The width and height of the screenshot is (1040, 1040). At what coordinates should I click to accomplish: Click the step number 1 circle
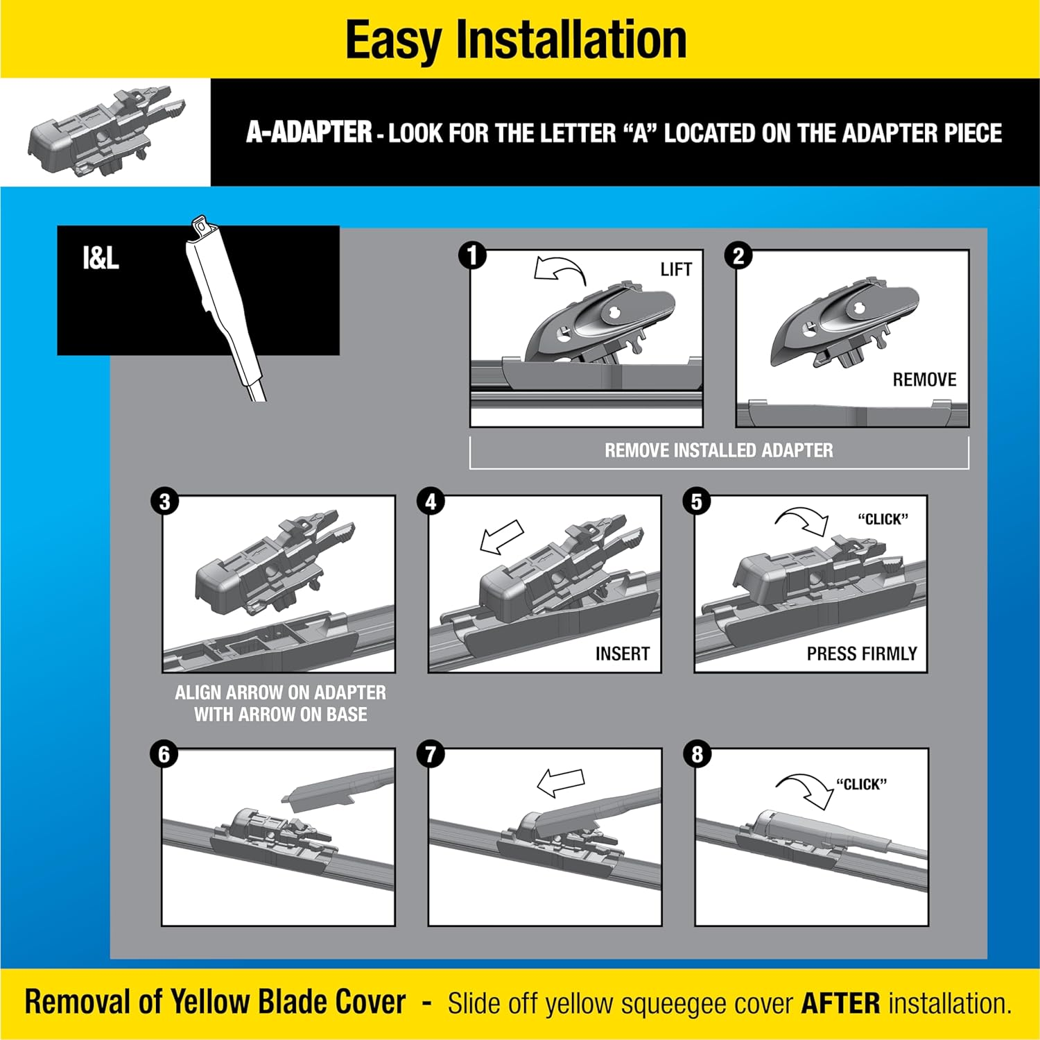point(472,255)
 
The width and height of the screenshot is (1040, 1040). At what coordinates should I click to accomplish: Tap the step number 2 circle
point(738,256)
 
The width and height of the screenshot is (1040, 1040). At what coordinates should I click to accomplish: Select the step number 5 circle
point(697,502)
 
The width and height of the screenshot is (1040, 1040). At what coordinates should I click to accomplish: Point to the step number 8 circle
point(697,754)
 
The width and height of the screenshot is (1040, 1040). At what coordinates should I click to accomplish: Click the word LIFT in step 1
point(675,269)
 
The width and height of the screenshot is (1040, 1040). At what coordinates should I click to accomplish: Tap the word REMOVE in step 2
point(924,380)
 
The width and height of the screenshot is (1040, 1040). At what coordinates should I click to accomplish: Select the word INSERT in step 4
point(622,654)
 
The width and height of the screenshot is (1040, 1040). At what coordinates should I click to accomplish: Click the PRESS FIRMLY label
point(861,654)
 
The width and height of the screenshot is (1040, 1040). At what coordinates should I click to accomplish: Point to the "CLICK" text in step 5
point(883,520)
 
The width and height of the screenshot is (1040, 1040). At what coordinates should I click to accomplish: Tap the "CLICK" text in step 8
point(861,785)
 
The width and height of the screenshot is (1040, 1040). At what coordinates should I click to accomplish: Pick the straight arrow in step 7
point(560,782)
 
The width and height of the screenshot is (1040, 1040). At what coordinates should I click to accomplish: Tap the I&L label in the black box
point(101,259)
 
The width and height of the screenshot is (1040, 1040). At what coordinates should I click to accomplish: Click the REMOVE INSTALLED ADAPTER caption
point(718,450)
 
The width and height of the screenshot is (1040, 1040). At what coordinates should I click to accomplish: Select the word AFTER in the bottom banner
point(840,1003)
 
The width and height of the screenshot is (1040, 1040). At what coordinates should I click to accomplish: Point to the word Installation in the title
point(571,40)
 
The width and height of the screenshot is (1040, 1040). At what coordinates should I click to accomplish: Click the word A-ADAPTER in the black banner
point(309,133)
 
